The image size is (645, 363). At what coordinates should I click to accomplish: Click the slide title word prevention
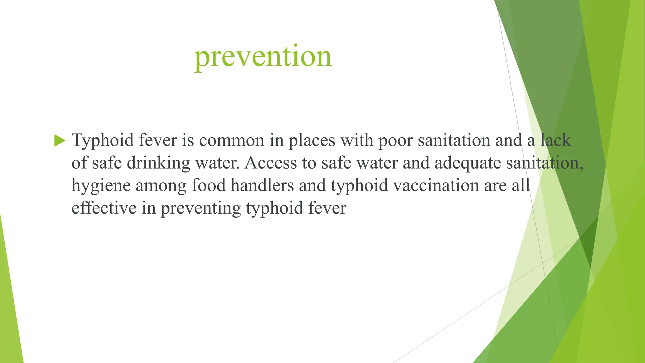point(263,57)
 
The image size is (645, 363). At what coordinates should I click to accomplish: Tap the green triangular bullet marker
point(60,140)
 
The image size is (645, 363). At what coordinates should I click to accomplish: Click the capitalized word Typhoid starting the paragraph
point(103,140)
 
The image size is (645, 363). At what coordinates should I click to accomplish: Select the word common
point(231,140)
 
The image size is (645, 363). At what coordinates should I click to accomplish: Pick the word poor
point(395,141)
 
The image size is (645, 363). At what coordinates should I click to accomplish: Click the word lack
point(556,140)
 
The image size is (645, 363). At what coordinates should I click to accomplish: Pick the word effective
point(104,208)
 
